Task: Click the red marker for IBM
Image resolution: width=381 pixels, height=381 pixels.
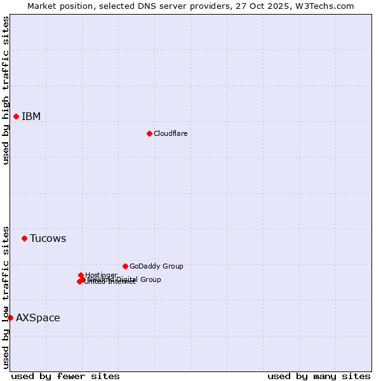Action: pos(16,116)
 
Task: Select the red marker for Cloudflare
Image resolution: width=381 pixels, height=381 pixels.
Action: pos(149,133)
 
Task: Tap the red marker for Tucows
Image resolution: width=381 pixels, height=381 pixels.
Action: pos(24,238)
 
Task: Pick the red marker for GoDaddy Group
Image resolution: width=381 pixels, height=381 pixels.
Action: pos(125,266)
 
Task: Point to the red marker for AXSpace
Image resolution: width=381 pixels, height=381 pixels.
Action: pos(10,317)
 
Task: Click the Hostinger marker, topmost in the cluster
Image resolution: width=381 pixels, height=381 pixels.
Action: pos(81,275)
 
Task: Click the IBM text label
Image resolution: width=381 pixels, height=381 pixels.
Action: pos(31,116)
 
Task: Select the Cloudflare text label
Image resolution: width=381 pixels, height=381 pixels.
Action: pos(170,133)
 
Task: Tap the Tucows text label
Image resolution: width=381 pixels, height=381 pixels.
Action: pos(48,239)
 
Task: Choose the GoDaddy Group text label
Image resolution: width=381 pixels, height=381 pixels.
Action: pos(156,266)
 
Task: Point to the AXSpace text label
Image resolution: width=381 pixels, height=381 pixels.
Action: pos(38,318)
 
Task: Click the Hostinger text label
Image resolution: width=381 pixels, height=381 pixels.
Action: pos(101,275)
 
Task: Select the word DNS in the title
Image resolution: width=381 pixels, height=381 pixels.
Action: pos(162,6)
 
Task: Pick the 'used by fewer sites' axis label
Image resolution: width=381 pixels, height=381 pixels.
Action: pos(65,377)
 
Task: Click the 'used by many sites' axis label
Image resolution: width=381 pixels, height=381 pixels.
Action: pos(319,377)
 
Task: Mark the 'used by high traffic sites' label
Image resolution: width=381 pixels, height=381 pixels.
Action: pos(6,90)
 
